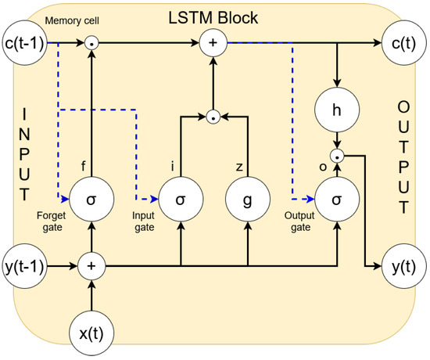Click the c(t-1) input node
click(x=25, y=43)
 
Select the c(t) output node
click(x=403, y=43)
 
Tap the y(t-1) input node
click(x=25, y=266)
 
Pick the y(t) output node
click(x=403, y=266)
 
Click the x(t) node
click(x=91, y=333)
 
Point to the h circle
click(x=337, y=110)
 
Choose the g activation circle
click(x=248, y=199)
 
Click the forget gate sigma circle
click(x=91, y=199)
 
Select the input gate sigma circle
click(x=181, y=199)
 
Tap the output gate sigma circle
click(x=337, y=199)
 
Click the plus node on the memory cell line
click(x=213, y=43)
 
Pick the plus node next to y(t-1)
click(x=91, y=266)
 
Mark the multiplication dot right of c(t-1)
click(x=91, y=43)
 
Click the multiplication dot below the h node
click(x=337, y=156)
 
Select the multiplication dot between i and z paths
click(x=213, y=117)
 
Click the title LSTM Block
click(x=213, y=18)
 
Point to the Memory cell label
click(x=72, y=21)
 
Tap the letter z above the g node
click(x=239, y=167)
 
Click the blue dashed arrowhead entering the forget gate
click(x=65, y=199)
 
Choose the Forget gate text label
click(x=52, y=221)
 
